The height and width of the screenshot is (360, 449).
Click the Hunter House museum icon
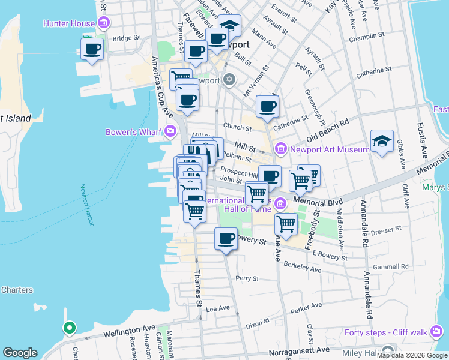pyautogui.click(x=104, y=23)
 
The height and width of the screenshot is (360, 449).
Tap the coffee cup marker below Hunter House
pyautogui.click(x=92, y=49)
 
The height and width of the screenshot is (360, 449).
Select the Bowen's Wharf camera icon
pyautogui.click(x=171, y=131)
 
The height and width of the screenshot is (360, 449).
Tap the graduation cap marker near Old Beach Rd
pyautogui.click(x=382, y=142)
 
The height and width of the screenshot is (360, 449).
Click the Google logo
pyautogui.click(x=20, y=352)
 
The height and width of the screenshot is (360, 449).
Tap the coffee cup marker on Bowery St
pyautogui.click(x=226, y=240)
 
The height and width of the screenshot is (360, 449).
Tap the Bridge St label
pyautogui.click(x=125, y=38)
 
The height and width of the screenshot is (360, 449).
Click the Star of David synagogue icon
pyautogui.click(x=229, y=80)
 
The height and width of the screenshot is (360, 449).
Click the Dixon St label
pyautogui.click(x=258, y=323)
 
